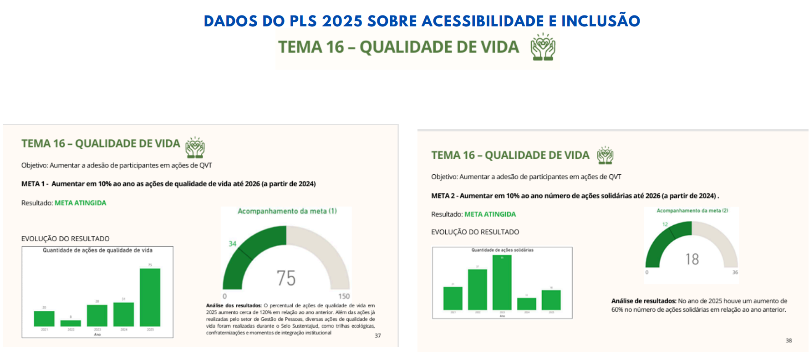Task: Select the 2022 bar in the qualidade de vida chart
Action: point(71,323)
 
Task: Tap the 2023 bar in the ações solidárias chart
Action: point(502,283)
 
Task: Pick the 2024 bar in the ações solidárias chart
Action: point(526,304)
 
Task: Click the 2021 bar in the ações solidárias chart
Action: point(453,298)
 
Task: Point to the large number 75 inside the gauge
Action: point(286,278)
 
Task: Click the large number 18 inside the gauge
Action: point(692,259)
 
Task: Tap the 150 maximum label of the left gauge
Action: point(344,296)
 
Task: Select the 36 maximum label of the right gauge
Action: point(735,272)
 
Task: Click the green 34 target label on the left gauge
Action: point(232,243)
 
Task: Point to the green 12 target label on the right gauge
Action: point(665,224)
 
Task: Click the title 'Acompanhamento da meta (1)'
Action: point(287,211)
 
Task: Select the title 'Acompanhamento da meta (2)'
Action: point(692,211)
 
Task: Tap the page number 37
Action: point(377,335)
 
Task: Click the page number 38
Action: point(789,340)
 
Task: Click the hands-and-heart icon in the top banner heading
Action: point(543,47)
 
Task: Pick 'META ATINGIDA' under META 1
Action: point(80,203)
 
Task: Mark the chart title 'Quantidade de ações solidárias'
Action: point(502,250)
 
